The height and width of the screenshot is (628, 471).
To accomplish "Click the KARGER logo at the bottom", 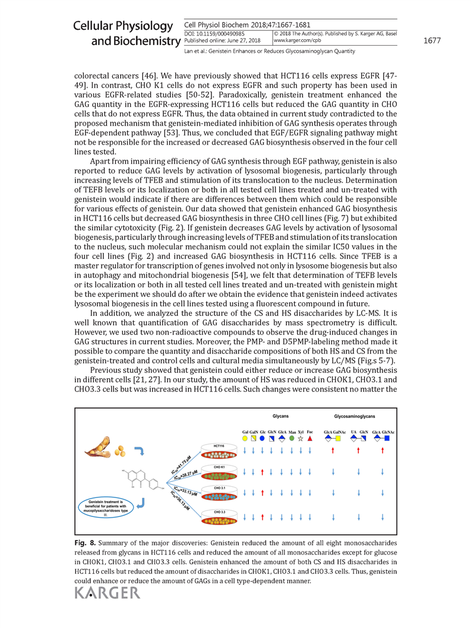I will (x=107, y=593).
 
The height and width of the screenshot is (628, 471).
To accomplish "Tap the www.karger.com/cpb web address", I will (x=297, y=40).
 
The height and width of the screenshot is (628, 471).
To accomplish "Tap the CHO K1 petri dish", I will (x=219, y=474).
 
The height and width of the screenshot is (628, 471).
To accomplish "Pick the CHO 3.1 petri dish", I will (x=219, y=496).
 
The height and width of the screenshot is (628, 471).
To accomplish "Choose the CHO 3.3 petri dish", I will (x=219, y=519).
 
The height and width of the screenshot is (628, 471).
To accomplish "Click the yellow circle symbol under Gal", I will (x=245, y=438).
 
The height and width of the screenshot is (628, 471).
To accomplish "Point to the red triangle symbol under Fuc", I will (x=310, y=438).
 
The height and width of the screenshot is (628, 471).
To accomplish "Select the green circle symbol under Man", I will (x=292, y=438).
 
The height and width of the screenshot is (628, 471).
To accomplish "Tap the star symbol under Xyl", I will (x=301, y=438).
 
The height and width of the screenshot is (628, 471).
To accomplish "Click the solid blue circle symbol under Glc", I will (x=263, y=438).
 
